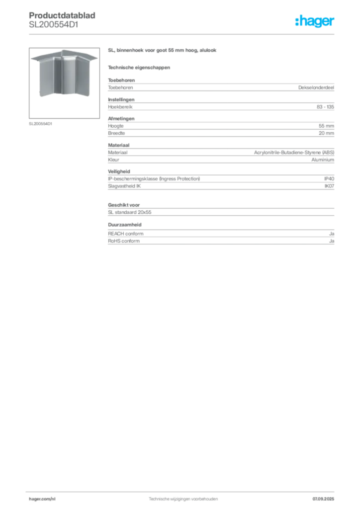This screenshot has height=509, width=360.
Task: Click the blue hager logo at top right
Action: [315, 22]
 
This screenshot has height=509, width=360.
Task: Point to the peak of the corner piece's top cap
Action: [64, 50]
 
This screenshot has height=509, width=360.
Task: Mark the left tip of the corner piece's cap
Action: [31, 58]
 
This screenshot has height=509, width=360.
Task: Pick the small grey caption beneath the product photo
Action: [41, 124]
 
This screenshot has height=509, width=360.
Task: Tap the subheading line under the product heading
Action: [139, 67]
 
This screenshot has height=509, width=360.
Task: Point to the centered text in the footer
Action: [183, 498]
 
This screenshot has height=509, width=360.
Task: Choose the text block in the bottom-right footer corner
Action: [326, 497]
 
